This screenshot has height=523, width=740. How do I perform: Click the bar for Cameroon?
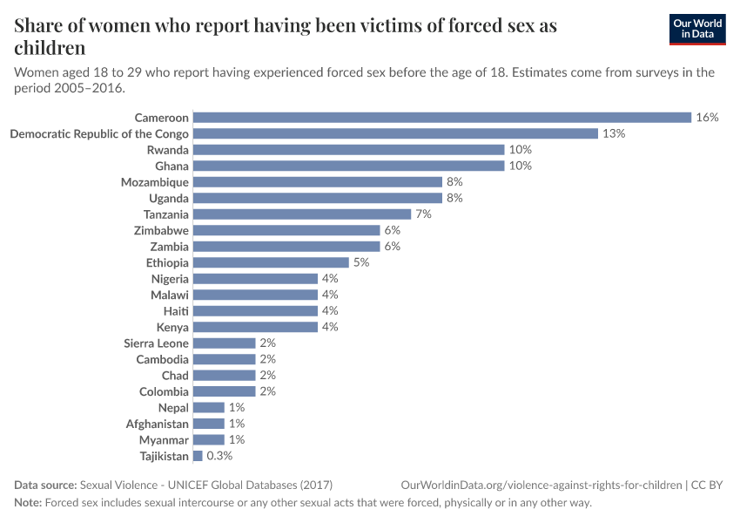(441, 117)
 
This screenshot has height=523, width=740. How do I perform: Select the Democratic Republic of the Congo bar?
(395, 133)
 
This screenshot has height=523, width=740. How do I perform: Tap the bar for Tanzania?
(301, 214)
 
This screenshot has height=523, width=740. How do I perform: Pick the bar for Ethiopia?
(271, 262)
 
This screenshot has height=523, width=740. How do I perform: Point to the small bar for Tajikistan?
(198, 456)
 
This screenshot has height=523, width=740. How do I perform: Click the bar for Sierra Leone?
(224, 343)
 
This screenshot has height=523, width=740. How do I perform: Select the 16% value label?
(707, 117)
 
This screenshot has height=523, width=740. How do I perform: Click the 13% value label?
(614, 133)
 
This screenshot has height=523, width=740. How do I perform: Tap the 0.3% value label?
(219, 456)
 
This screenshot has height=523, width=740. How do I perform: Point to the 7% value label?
(424, 214)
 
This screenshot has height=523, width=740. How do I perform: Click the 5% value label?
(361, 262)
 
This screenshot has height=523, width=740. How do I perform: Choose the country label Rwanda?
(167, 150)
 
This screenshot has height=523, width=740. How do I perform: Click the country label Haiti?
(176, 311)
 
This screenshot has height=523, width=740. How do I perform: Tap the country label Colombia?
(164, 391)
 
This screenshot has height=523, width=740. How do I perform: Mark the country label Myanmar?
(164, 440)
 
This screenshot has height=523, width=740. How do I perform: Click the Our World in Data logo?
(697, 29)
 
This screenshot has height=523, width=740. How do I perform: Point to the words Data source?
(45, 485)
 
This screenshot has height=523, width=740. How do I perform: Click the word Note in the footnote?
(28, 503)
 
